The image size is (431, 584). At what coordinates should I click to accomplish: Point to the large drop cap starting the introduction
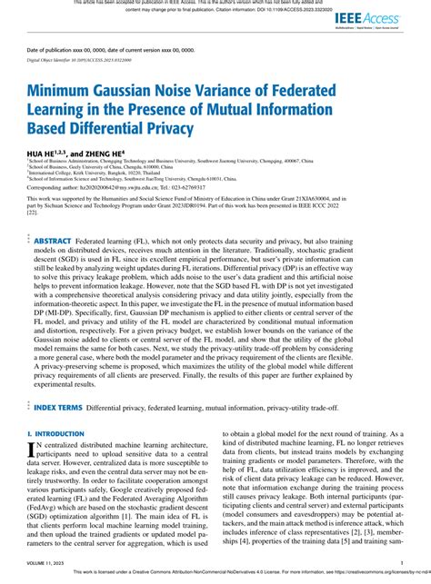point(32,451)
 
